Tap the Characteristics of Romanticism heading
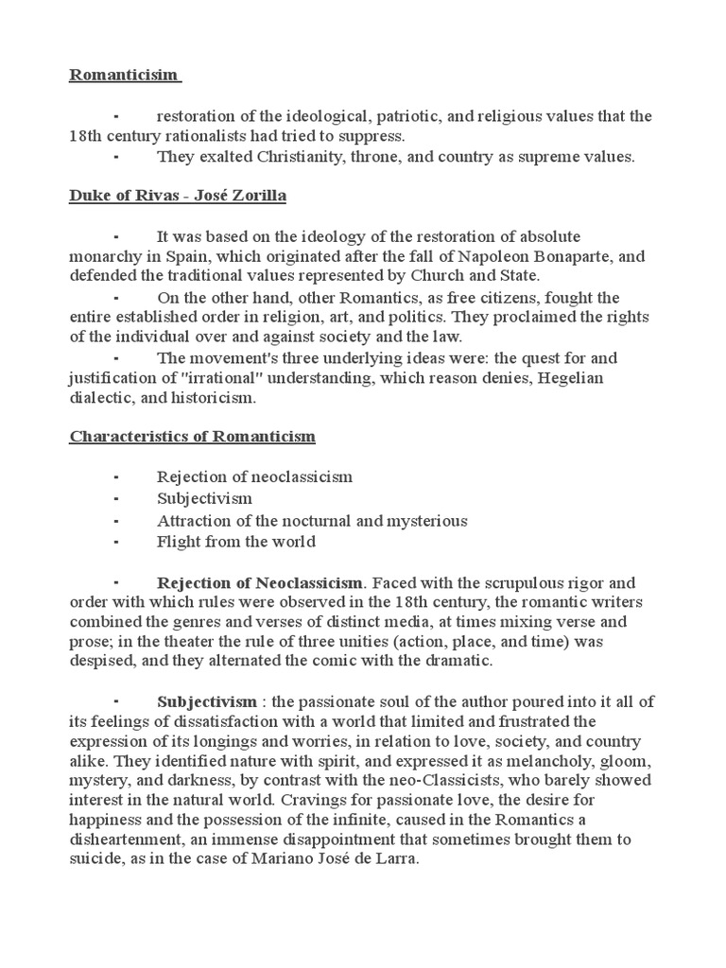tap(193, 437)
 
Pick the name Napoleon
tap(473, 256)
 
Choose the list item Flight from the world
tap(235, 542)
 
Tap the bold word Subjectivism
tap(206, 701)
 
